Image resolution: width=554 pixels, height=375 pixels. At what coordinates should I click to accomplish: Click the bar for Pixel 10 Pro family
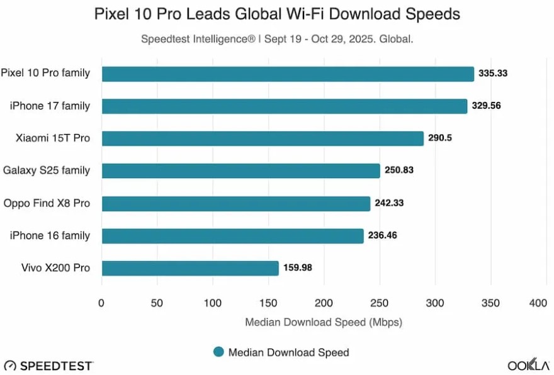[x=288, y=74]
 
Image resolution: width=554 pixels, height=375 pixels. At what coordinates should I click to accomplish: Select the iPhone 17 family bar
[x=285, y=106]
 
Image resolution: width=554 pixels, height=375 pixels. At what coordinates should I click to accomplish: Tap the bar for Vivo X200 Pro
[x=190, y=268]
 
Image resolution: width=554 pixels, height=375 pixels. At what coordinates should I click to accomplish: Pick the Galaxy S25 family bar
[x=241, y=171]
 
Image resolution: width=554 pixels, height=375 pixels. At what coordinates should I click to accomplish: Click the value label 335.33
[x=493, y=74]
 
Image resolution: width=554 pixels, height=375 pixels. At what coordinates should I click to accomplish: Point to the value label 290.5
[x=441, y=138]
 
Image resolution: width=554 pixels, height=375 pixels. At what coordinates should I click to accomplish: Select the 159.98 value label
[x=298, y=268]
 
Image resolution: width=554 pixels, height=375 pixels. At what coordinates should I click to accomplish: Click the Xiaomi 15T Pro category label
[x=53, y=138]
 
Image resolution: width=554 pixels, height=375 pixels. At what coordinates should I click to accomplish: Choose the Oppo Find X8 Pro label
[x=47, y=203]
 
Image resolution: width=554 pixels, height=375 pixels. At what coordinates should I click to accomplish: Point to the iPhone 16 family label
[x=50, y=235]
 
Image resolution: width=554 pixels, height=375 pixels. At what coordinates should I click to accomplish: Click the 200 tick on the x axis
[x=324, y=303]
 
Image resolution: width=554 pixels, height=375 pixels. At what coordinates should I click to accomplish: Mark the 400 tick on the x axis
[x=538, y=303]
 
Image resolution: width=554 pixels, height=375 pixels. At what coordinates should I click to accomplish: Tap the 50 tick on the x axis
[x=157, y=303]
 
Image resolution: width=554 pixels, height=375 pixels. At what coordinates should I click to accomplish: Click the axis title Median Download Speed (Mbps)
[x=323, y=322]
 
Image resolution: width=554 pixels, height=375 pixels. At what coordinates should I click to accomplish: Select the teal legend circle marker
[x=218, y=352]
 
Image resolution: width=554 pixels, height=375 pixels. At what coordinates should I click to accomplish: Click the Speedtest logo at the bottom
[x=48, y=366]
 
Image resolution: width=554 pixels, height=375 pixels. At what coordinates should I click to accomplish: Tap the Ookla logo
[x=527, y=366]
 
